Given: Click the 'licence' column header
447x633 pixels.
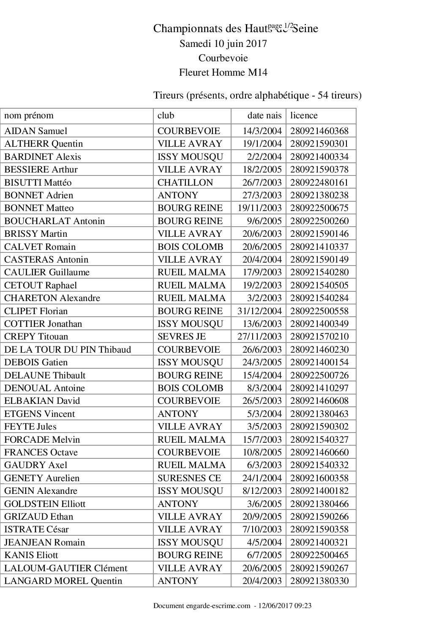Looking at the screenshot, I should coord(304,115).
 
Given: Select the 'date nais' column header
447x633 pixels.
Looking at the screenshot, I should coord(264,115).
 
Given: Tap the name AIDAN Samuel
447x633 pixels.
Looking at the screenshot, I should coord(35,131).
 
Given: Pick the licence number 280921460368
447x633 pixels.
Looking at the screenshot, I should coord(319,131).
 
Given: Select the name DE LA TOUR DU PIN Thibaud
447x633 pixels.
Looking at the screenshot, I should coord(68,350).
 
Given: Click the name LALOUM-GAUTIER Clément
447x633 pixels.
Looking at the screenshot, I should coord(65,568).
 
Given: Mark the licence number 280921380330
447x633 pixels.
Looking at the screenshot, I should coord(319,581).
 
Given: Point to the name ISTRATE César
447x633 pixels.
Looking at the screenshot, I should coord(36,529).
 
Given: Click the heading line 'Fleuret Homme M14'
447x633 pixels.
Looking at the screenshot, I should coord(223,72).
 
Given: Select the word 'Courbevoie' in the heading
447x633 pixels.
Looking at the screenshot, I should coord(223,58).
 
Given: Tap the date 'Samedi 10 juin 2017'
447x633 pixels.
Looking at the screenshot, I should coord(223,44).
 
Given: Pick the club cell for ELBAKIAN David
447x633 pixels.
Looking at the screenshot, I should coord(188,401).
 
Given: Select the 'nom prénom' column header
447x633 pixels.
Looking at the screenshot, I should coord(29,115).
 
